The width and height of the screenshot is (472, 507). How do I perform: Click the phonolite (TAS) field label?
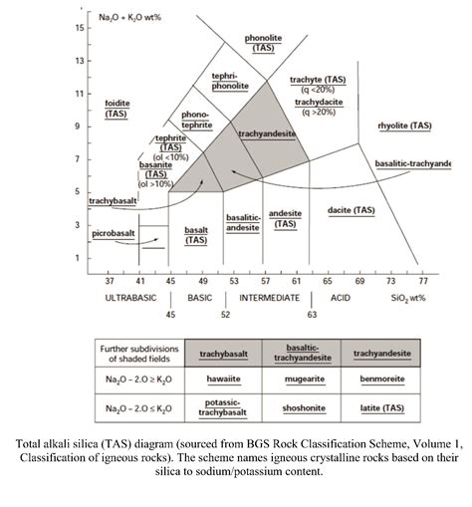pos(264,42)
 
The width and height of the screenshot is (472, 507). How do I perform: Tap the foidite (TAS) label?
pos(116,108)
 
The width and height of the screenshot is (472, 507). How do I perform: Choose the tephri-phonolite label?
pos(229,81)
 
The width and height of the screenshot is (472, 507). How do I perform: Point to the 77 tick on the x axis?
pos(423,281)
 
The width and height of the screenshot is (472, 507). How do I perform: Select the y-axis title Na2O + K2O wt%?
pos(122,17)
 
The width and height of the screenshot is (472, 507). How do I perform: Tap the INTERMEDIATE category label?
pos(269,298)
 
